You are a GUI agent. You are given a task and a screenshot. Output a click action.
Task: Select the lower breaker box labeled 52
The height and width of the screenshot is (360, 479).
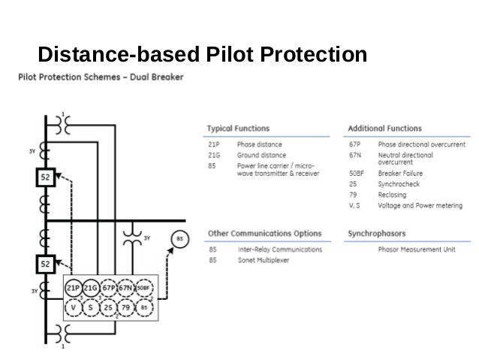(46, 264)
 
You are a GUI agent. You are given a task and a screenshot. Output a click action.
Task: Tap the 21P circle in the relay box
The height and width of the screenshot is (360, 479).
(74, 289)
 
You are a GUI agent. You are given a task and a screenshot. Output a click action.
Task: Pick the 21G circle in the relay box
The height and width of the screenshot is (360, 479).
(92, 289)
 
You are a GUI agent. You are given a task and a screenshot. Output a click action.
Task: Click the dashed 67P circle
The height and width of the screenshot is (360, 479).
(110, 289)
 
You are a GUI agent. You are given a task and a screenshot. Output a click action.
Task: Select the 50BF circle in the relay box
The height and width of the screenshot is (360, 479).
(145, 289)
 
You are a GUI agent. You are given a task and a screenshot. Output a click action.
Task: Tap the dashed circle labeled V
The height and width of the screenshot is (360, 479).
(74, 307)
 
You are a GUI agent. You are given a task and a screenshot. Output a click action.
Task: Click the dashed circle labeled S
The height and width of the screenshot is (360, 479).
(92, 307)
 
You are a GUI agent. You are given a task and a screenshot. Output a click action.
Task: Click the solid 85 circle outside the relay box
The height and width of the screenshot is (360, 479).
(179, 239)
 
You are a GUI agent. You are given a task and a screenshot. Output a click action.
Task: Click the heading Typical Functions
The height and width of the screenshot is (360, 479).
(238, 129)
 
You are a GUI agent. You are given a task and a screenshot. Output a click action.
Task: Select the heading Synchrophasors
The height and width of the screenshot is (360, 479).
(377, 234)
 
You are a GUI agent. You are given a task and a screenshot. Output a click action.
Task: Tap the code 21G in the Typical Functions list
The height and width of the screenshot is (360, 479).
(213, 155)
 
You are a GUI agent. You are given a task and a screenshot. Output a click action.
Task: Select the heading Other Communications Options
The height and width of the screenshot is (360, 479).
(264, 234)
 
